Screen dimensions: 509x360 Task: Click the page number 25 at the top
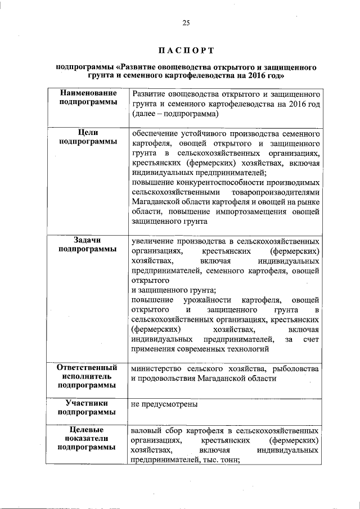tap(186, 22)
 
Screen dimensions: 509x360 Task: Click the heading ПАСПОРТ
tap(186, 51)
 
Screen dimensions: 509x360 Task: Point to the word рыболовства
tap(296, 369)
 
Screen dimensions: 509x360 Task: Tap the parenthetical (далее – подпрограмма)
tap(175, 114)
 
